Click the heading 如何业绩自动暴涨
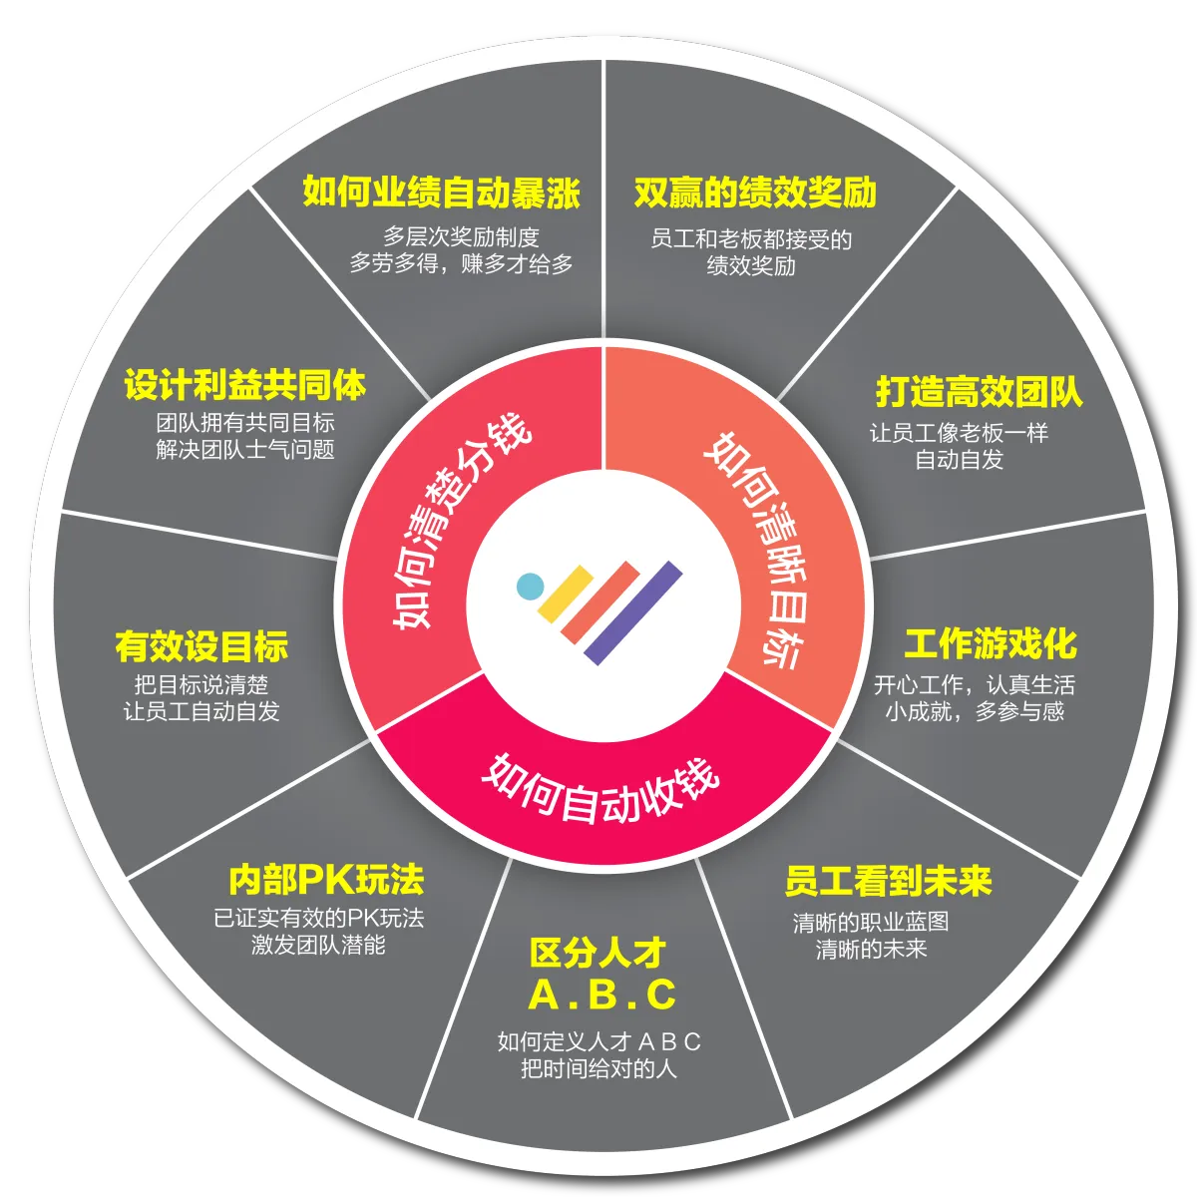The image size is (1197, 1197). (x=441, y=193)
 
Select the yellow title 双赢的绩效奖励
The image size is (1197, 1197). (x=755, y=193)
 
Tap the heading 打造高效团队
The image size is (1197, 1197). (x=979, y=391)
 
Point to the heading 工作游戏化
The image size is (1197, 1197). (x=990, y=644)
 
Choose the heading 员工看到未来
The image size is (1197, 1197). (x=888, y=881)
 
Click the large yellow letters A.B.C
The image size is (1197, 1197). (x=601, y=995)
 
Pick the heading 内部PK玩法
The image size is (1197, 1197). (x=326, y=880)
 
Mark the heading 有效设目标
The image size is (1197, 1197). (x=201, y=646)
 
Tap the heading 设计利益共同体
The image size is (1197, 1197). (x=245, y=386)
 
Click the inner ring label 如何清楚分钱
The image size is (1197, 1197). (x=461, y=521)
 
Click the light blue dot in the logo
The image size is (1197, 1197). (x=530, y=586)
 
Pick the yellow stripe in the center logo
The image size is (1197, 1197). (x=566, y=593)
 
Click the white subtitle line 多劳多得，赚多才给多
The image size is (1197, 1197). (x=461, y=264)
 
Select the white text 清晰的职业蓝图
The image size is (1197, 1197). (x=870, y=923)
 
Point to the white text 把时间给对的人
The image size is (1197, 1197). (x=598, y=1069)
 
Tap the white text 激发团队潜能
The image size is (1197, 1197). (x=318, y=945)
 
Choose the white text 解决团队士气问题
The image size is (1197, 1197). (x=245, y=450)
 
